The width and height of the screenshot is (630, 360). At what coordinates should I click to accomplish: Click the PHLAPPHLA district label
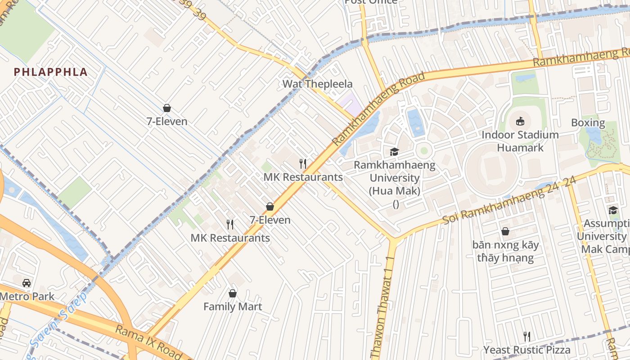point(50,72)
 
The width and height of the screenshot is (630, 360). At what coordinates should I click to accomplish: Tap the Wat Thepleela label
point(317,84)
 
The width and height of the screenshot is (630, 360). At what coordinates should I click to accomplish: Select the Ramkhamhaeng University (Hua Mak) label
point(395,178)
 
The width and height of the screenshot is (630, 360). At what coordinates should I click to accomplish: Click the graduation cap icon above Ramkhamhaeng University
point(395,152)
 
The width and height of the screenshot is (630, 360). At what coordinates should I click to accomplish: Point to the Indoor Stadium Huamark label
point(520,141)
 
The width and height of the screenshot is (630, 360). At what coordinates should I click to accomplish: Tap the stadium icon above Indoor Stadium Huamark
point(520,121)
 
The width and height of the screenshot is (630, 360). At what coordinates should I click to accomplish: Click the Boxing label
point(588,122)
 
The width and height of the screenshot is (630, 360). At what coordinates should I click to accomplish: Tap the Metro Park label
point(27,297)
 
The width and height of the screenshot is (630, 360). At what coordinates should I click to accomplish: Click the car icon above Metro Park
point(27,283)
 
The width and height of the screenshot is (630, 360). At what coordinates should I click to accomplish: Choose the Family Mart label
point(233,306)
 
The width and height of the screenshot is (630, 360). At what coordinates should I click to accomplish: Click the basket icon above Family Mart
point(233,293)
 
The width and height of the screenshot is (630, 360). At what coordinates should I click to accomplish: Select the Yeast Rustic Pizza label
point(526,350)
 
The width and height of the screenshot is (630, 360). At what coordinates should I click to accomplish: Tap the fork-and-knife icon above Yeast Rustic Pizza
point(526,336)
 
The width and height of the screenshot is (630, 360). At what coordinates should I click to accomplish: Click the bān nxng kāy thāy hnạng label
point(505,252)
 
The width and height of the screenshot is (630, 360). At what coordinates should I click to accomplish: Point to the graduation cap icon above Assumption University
point(613,210)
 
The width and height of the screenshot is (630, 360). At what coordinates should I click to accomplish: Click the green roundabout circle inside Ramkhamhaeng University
point(423,150)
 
